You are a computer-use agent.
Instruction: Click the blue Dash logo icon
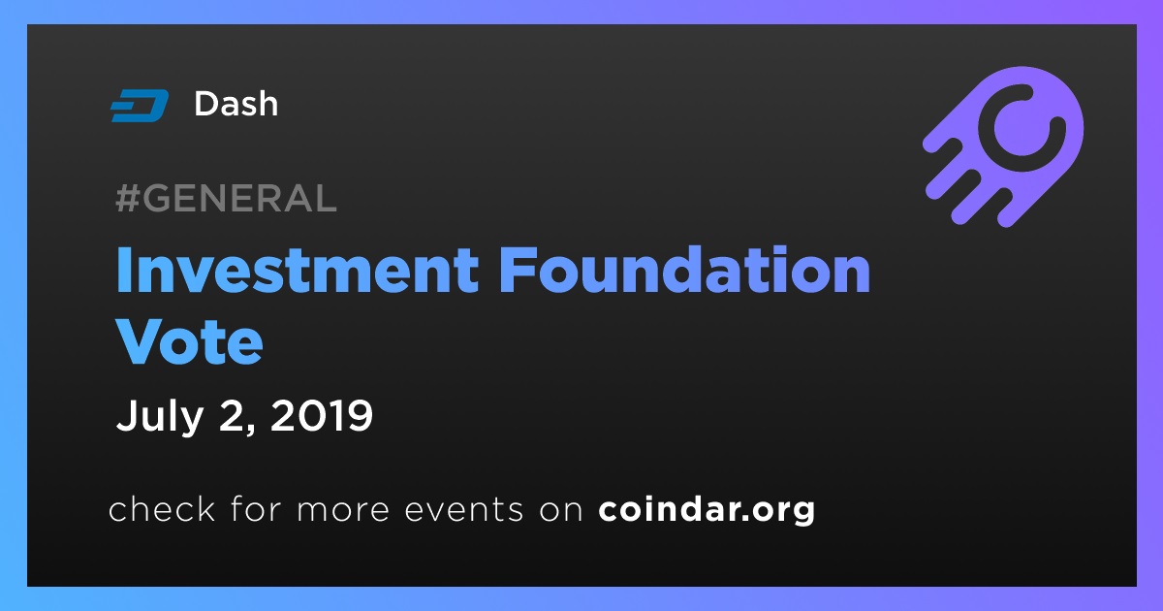(x=140, y=106)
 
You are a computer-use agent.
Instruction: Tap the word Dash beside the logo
(x=236, y=104)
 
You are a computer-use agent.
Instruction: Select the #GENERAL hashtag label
(x=227, y=198)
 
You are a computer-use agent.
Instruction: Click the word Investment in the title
(x=297, y=271)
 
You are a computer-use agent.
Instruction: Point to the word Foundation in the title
(x=685, y=271)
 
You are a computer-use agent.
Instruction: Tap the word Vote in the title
(x=190, y=341)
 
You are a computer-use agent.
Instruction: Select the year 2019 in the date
(x=322, y=416)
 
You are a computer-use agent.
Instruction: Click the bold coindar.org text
(x=707, y=510)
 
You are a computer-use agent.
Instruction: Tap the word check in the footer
(x=162, y=508)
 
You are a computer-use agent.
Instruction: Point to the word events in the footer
(x=463, y=510)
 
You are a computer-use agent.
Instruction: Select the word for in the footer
(x=256, y=508)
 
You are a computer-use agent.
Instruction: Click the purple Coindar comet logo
(x=1004, y=146)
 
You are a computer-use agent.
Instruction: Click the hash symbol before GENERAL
(x=127, y=199)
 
